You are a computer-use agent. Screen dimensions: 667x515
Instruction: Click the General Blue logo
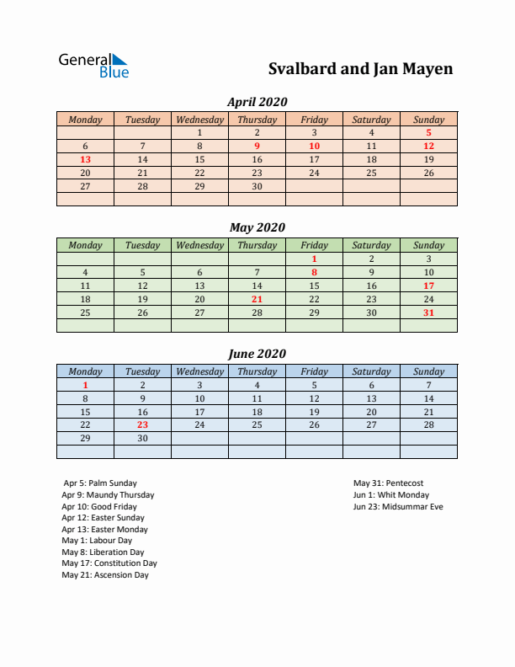click(x=93, y=65)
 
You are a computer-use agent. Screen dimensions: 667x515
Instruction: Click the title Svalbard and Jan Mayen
click(x=360, y=68)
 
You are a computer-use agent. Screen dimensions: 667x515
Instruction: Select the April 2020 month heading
click(x=257, y=102)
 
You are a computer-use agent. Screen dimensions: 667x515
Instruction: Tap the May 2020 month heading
click(x=257, y=227)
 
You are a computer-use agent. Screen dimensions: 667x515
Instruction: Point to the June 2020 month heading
click(x=257, y=354)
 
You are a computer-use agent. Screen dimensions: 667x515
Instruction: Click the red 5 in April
click(x=428, y=132)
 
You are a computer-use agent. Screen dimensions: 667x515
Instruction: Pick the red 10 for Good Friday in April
click(x=314, y=146)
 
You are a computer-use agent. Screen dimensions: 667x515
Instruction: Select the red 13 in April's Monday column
click(x=85, y=159)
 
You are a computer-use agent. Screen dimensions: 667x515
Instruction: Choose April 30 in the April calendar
click(x=257, y=186)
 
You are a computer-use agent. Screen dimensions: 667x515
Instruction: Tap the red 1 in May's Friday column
click(x=314, y=259)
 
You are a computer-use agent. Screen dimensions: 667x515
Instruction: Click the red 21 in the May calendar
click(x=257, y=299)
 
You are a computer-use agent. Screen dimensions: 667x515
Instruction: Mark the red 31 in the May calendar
click(x=428, y=312)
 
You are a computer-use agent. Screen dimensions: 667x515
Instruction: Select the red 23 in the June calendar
click(x=142, y=425)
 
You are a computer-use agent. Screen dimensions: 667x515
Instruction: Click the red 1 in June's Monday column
click(x=85, y=385)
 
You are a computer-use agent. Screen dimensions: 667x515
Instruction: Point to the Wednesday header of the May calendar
click(x=199, y=245)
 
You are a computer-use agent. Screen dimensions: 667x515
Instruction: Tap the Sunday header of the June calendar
click(x=428, y=371)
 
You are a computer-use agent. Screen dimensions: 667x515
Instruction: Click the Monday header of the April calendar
click(x=85, y=120)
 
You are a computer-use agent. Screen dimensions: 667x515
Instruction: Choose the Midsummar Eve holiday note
click(x=398, y=507)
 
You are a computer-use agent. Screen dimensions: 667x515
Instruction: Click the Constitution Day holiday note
click(x=109, y=563)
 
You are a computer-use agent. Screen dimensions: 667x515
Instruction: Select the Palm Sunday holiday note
click(x=98, y=483)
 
